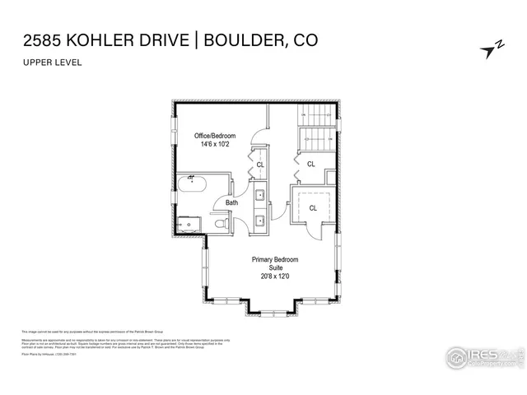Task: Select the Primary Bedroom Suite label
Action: tap(274, 263)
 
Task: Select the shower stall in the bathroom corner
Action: tap(188, 222)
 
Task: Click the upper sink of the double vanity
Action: tap(259, 196)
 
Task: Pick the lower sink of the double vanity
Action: tap(259, 220)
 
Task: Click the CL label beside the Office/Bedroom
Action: tap(260, 165)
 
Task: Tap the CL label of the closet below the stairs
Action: tap(311, 164)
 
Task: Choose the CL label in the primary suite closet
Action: tap(313, 208)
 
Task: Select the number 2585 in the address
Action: tap(38, 39)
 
